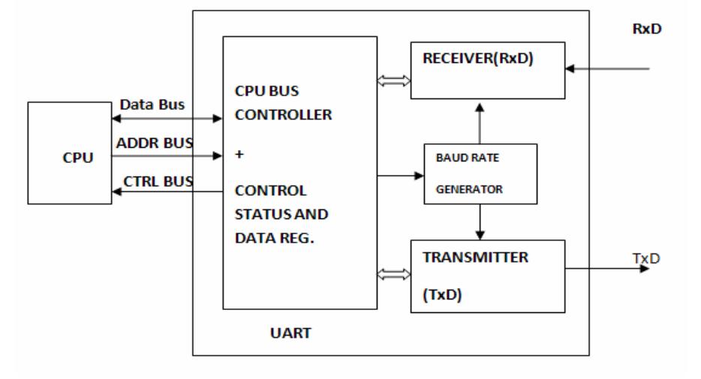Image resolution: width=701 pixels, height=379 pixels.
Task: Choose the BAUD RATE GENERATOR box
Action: click(480, 173)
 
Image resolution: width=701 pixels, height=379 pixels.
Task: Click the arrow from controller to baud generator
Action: click(400, 176)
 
